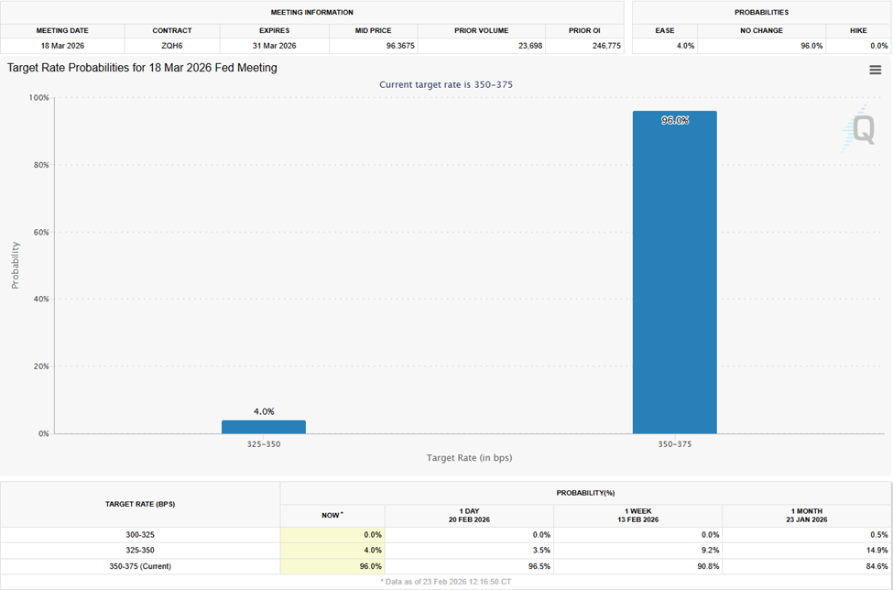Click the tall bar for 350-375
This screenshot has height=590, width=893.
tap(674, 275)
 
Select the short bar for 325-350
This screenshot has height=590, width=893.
tap(264, 427)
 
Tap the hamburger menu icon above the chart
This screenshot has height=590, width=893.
tap(875, 71)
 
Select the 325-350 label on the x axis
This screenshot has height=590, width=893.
tap(264, 443)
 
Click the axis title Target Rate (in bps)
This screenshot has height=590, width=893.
tap(469, 457)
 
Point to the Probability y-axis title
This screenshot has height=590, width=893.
tap(15, 266)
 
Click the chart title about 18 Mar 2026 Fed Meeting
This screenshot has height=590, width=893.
tap(142, 68)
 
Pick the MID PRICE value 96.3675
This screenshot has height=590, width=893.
tap(385, 45)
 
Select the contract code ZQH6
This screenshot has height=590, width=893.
tap(172, 45)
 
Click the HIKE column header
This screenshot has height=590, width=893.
tap(857, 30)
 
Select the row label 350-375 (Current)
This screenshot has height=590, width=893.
tap(140, 566)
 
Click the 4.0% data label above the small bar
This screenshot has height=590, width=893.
tap(264, 411)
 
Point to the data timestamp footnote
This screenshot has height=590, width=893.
tap(446, 582)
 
